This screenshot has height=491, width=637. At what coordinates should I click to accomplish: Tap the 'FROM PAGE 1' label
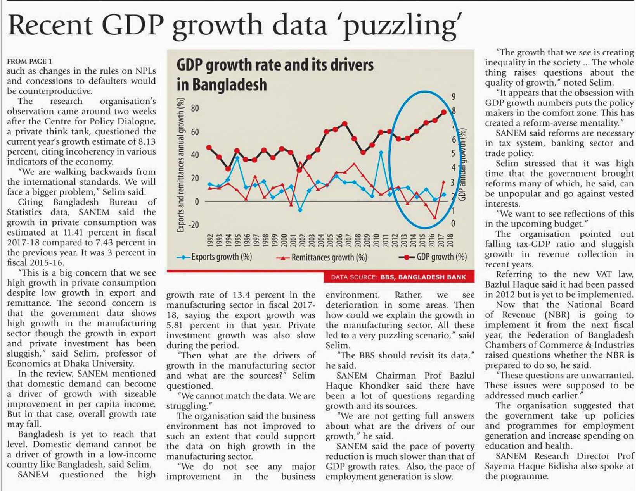(x=29, y=61)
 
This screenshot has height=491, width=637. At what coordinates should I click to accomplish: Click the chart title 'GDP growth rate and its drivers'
(x=275, y=65)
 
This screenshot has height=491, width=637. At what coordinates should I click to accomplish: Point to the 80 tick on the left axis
(x=194, y=108)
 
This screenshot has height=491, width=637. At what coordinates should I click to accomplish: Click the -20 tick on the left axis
(x=193, y=225)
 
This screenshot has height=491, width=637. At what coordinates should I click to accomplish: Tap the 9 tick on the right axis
(x=453, y=97)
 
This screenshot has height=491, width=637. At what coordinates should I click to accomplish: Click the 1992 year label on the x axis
(x=210, y=240)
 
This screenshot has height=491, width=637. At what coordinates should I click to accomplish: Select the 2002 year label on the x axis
(x=299, y=240)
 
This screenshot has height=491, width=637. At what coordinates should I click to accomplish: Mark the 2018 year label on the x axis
(x=451, y=240)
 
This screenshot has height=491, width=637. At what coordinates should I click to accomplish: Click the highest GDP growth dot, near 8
(x=444, y=112)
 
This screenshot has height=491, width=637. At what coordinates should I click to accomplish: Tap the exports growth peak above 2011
(x=381, y=152)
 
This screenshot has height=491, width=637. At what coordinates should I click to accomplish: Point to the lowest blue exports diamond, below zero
(x=300, y=210)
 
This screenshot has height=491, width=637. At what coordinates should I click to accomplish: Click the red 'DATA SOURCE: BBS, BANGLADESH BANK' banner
(x=398, y=277)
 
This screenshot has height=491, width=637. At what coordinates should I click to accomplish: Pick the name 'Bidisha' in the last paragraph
(x=572, y=467)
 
